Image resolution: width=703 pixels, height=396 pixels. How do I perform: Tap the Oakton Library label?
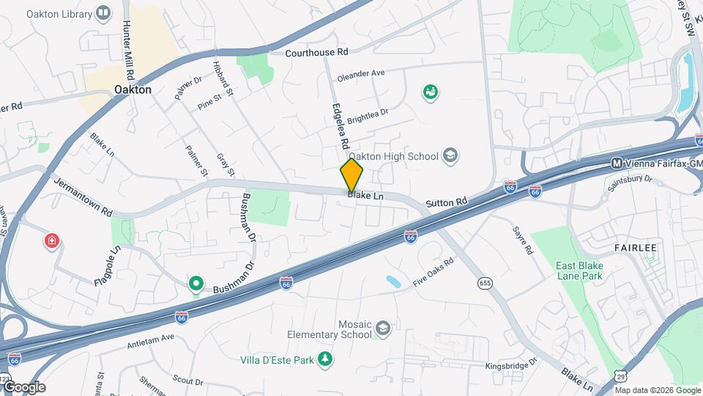coord(59,14)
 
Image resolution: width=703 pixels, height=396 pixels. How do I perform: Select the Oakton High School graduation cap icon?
coord(451,155)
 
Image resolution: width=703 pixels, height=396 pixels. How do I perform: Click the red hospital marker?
coord(52,241)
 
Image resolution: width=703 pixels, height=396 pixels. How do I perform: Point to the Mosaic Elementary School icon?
coord(382,326)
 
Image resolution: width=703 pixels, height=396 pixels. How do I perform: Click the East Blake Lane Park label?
coord(579,271)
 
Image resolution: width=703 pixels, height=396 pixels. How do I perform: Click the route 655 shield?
coord(485,282)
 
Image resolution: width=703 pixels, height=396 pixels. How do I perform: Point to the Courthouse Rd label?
coord(316,53)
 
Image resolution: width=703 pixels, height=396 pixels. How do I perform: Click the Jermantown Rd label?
coord(83,197)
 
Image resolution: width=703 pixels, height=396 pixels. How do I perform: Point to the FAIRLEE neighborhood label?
coord(635,248)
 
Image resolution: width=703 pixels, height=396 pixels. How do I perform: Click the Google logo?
coord(24,386)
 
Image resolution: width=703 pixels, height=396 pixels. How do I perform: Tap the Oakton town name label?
coord(133,89)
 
